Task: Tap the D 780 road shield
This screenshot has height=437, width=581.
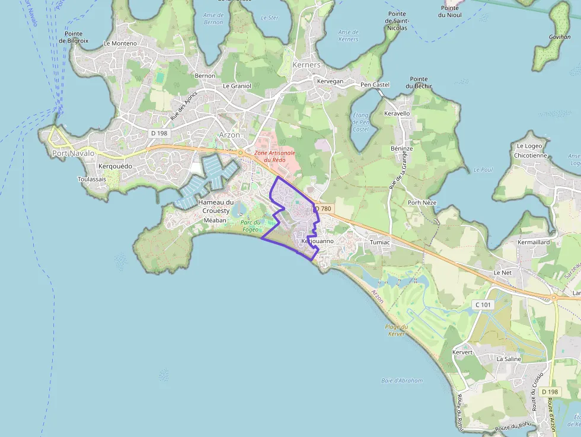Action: point(323,209)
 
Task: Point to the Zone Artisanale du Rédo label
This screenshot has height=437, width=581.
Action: point(270,157)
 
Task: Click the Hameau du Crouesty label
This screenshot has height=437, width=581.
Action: point(216,206)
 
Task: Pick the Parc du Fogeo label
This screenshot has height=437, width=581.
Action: point(250,226)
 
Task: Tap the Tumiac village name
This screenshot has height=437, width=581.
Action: point(379,243)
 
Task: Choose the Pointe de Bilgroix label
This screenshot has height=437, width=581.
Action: point(71,37)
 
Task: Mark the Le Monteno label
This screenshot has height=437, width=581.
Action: point(120,43)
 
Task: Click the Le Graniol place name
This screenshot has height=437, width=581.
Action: point(237,86)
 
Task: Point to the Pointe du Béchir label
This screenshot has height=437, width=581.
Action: point(419,82)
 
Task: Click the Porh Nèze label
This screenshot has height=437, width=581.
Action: point(422,203)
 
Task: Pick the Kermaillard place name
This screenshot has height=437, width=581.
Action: point(534,243)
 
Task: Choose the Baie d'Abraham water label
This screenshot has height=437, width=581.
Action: point(402,381)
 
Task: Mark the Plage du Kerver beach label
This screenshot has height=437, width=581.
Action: point(396,330)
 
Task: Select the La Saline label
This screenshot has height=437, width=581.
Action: point(509,359)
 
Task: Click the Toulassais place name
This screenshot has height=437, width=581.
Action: point(92,179)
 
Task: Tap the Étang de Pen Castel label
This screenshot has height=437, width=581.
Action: point(360,122)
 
